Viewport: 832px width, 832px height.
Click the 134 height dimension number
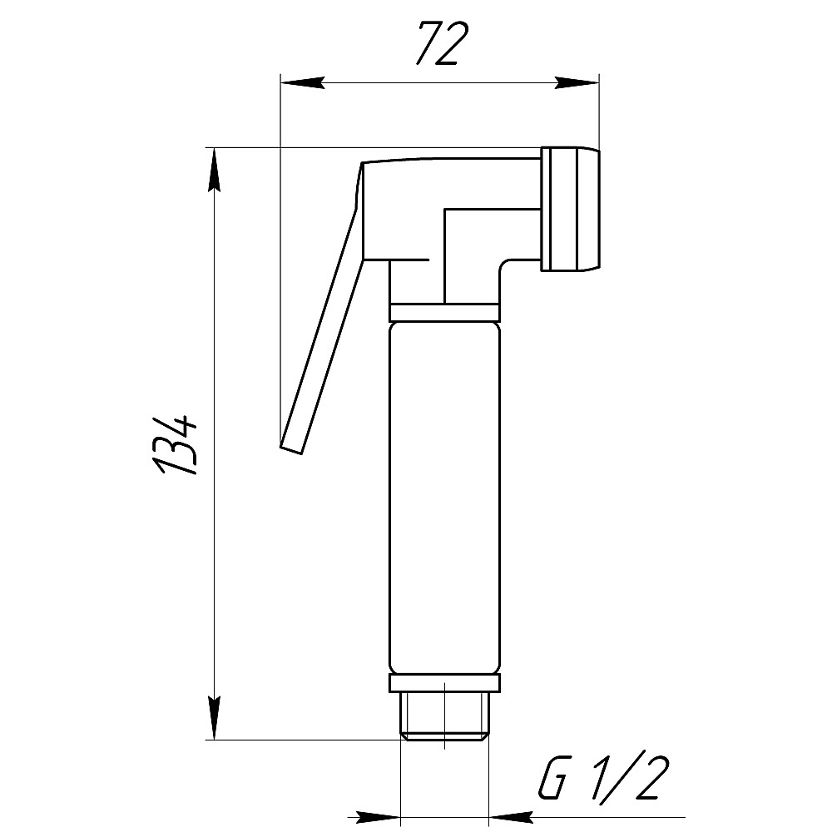point(175,445)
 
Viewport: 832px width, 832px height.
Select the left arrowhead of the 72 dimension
point(302,82)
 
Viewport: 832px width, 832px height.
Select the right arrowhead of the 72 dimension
point(577,82)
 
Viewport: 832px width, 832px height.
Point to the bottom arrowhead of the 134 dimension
point(214,718)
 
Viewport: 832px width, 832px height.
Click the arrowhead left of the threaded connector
point(377,818)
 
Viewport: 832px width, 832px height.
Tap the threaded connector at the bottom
point(444,716)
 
